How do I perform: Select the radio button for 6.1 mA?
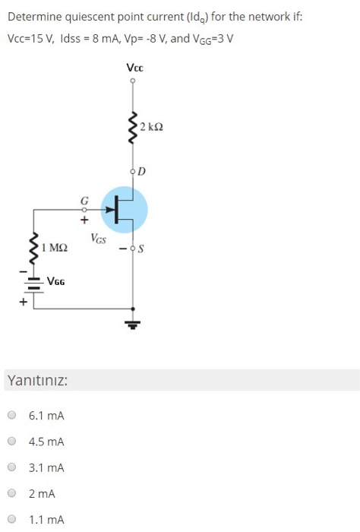pyautogui.click(x=11, y=416)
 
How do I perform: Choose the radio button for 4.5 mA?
pyautogui.click(x=11, y=442)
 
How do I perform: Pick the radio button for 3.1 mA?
pyautogui.click(x=11, y=467)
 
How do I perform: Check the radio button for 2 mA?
pyautogui.click(x=11, y=494)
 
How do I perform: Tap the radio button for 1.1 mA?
pyautogui.click(x=11, y=520)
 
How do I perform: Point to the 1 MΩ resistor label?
pyautogui.click(x=55, y=248)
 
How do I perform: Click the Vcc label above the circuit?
pyautogui.click(x=134, y=68)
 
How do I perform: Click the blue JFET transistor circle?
pyautogui.click(x=125, y=207)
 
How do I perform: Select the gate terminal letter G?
pyautogui.click(x=84, y=200)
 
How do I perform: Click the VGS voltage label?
pyautogui.click(x=99, y=239)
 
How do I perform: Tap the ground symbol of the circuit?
pyautogui.click(x=134, y=324)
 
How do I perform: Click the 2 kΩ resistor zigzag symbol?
pyautogui.click(x=134, y=129)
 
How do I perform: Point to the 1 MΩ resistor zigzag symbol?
pyautogui.click(x=33, y=246)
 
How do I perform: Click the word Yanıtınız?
pyautogui.click(x=36, y=379)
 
